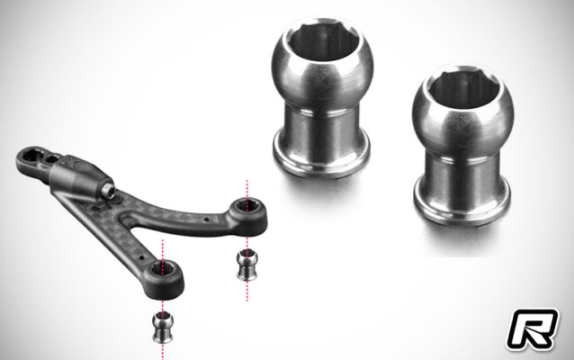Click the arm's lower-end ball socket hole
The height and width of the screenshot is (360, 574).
click(164, 268)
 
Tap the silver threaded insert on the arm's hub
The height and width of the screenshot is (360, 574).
click(111, 192)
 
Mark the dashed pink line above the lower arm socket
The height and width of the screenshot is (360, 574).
click(163, 248)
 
